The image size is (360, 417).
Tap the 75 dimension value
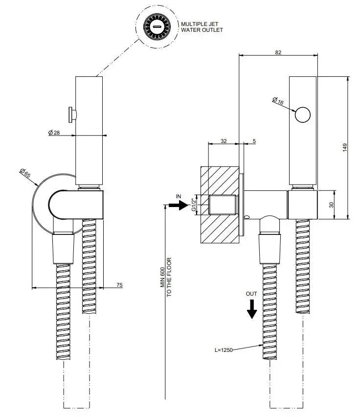pyautogui.click(x=119, y=284)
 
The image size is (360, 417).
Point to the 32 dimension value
pyautogui.click(x=224, y=141)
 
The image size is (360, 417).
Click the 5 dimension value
pyautogui.click(x=254, y=141)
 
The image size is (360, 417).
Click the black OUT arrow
pyautogui.click(x=251, y=309)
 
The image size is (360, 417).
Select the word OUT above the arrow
pyautogui.click(x=251, y=294)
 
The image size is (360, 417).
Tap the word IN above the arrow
pyautogui.click(x=179, y=196)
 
